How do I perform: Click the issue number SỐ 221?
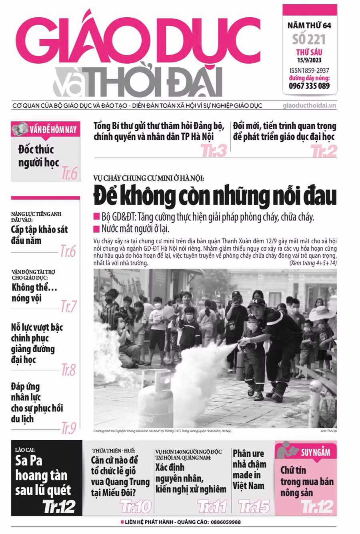(309, 39)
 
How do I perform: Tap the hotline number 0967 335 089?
(309, 86)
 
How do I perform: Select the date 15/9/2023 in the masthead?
(309, 60)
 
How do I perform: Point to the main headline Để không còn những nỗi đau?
(215, 196)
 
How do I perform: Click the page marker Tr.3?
(214, 151)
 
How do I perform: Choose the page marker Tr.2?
(324, 151)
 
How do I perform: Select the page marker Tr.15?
(254, 506)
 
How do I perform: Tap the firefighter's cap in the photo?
(256, 303)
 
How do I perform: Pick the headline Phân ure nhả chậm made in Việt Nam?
(249, 470)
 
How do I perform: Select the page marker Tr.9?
(68, 428)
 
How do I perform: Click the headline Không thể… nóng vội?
(34, 293)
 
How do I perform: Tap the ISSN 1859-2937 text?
(309, 70)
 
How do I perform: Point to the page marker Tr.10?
(136, 506)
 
